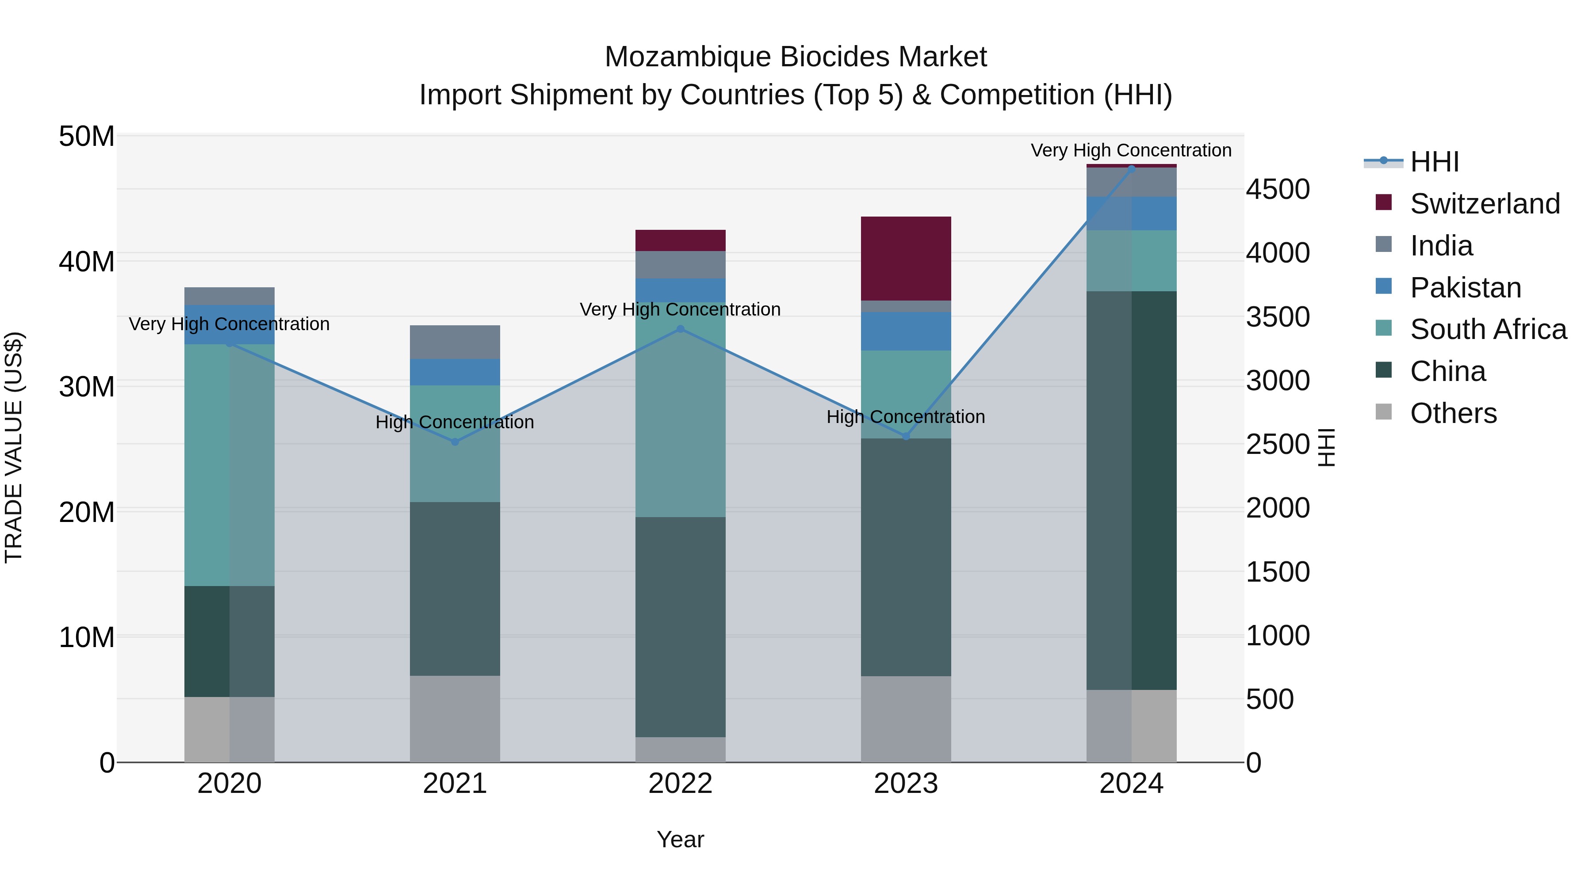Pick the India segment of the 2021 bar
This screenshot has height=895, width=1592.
[x=455, y=342]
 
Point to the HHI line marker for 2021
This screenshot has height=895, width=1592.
[x=455, y=442]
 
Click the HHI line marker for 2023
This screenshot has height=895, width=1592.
[x=906, y=436]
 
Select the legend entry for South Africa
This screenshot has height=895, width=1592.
[x=1488, y=329]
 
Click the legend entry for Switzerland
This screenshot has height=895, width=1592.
[x=1485, y=204]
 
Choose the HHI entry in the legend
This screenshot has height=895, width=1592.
[x=1434, y=162]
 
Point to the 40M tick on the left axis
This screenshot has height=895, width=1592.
[x=87, y=261]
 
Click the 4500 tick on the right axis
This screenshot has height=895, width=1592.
[x=1277, y=189]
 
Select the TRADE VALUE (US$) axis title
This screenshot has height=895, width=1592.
[x=14, y=447]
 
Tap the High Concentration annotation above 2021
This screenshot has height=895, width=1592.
[x=455, y=422]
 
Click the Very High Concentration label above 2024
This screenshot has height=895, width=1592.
[x=1131, y=150]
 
